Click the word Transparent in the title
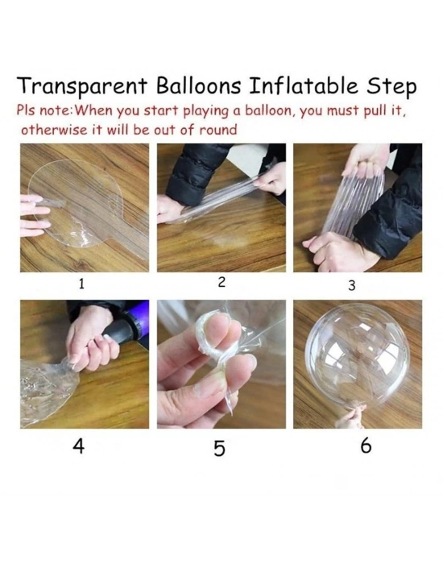(82, 87)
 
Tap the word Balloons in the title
(198, 85)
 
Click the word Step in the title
(391, 87)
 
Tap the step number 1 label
(81, 284)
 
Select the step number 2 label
(221, 282)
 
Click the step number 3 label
(352, 285)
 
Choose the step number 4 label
(78, 446)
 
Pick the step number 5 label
(219, 449)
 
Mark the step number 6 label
(366, 446)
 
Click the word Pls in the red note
(27, 110)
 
